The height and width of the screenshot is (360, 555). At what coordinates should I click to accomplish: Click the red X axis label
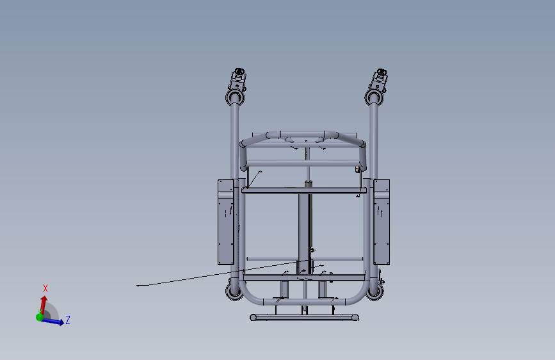click(45, 288)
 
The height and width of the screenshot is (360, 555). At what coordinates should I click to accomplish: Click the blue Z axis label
click(68, 320)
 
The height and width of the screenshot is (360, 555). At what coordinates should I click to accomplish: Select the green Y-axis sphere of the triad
click(40, 317)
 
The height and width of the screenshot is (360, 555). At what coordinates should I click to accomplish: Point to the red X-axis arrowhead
click(44, 299)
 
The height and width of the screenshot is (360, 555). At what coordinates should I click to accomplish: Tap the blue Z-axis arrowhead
click(61, 322)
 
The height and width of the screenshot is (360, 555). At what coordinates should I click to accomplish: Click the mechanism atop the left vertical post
click(237, 79)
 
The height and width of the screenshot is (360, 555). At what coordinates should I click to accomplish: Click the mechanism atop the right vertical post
click(378, 79)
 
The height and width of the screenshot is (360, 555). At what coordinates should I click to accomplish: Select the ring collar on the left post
click(235, 97)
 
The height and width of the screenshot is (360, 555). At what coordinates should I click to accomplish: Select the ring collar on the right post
click(374, 97)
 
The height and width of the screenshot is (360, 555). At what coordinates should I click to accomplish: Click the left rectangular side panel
click(226, 222)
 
